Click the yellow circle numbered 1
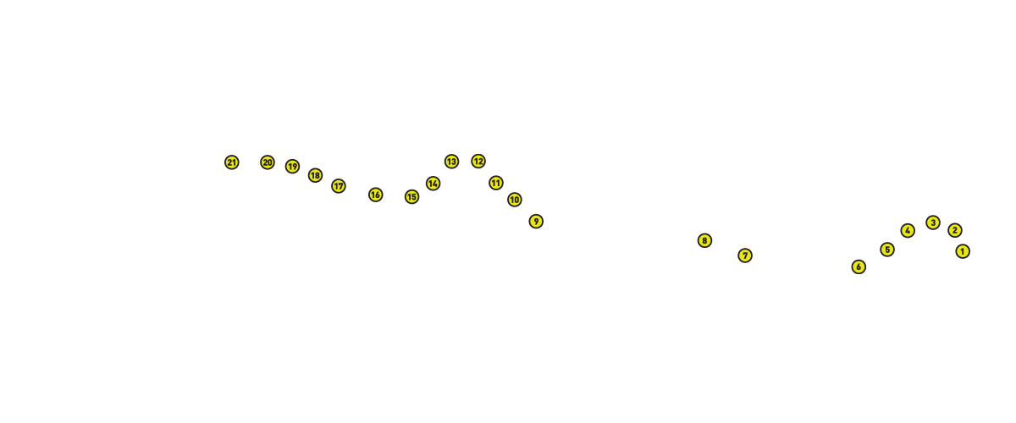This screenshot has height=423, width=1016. tap(963, 251)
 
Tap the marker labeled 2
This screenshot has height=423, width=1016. tap(955, 230)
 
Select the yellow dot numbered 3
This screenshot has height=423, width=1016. tap(933, 222)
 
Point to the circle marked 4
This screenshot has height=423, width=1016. tap(908, 231)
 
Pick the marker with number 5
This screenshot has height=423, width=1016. tap(887, 250)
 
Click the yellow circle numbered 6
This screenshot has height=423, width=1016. tap(859, 267)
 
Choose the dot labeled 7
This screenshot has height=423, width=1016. tap(745, 255)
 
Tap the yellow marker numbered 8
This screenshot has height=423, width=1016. tap(704, 241)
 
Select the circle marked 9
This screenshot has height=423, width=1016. tap(536, 222)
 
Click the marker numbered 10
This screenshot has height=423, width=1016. tap(515, 200)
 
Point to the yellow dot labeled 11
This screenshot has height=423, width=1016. tap(496, 184)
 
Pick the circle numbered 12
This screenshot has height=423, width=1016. tap(478, 161)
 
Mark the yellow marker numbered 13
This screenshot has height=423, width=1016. tap(451, 162)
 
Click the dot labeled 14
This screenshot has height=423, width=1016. tap(433, 184)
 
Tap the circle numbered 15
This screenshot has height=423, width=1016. tap(411, 197)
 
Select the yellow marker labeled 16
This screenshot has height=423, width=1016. tap(376, 195)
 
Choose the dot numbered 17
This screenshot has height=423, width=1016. tap(339, 186)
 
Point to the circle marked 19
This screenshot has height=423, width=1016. tap(292, 167)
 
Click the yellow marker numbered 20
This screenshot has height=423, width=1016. tap(268, 162)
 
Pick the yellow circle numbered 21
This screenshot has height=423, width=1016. tap(232, 162)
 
